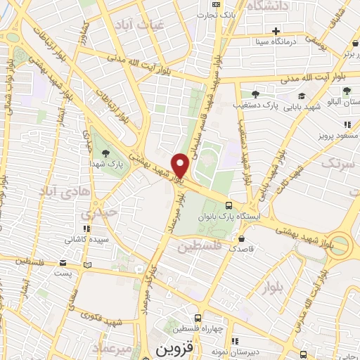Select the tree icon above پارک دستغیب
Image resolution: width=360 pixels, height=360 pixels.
255,94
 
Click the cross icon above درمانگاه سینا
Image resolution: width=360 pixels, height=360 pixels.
276,31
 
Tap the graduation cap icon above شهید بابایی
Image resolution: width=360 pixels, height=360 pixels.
301,96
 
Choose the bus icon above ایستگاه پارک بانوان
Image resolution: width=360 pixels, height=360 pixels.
229,205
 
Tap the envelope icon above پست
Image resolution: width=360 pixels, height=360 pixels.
87,265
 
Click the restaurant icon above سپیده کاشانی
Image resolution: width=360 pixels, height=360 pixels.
86,229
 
